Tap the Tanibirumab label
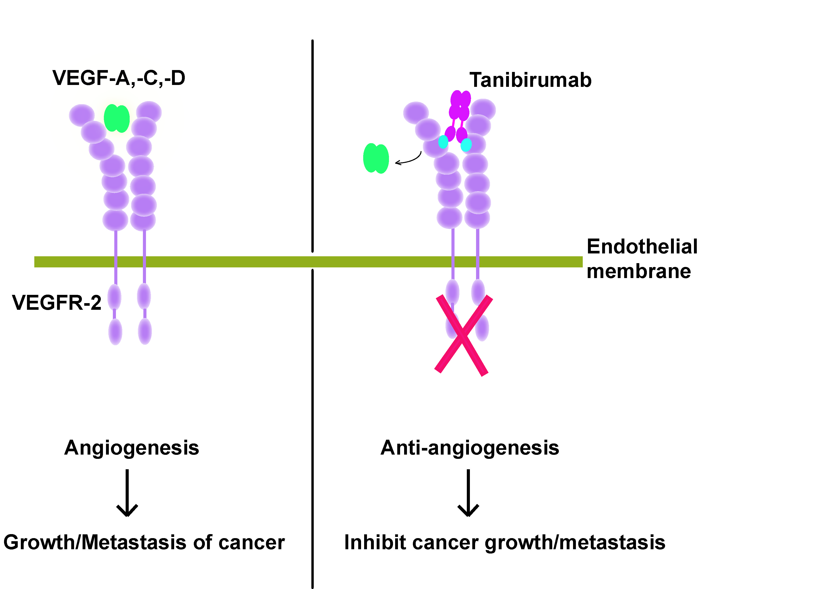(530, 80)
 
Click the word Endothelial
(642, 247)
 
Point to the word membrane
(639, 271)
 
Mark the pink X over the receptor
(463, 336)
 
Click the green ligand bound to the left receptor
(117, 118)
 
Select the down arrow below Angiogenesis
(127, 493)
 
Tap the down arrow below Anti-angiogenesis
(468, 493)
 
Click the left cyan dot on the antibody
(443, 142)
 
